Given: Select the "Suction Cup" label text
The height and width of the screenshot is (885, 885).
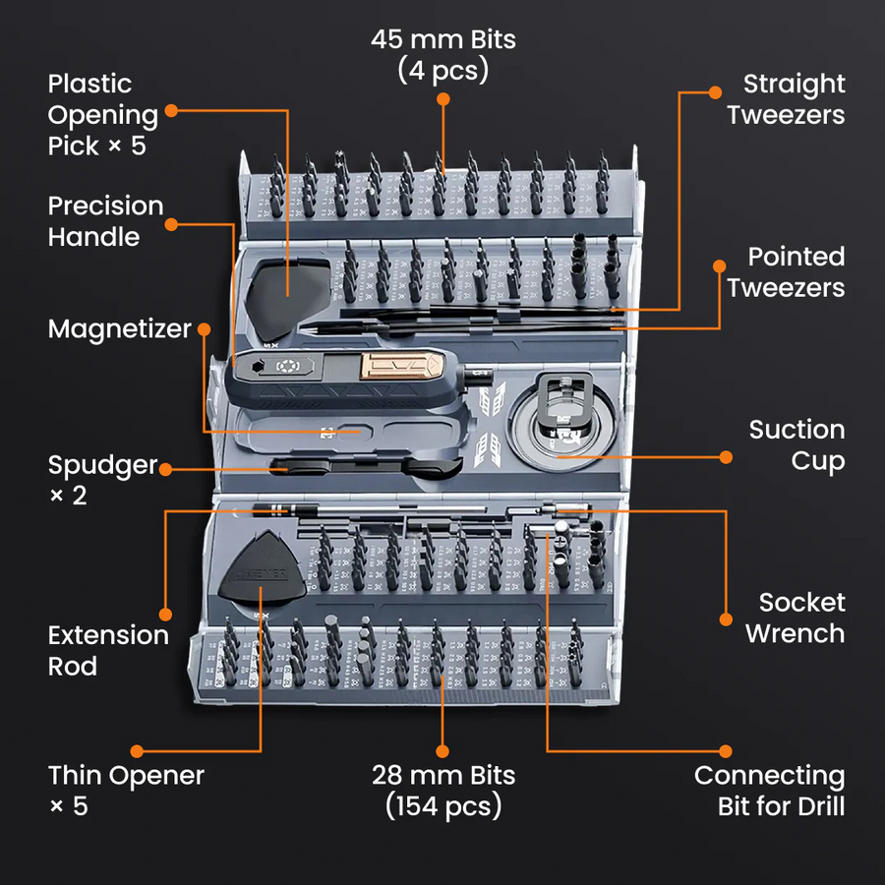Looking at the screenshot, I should [796, 444].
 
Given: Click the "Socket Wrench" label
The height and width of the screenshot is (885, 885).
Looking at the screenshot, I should [794, 618].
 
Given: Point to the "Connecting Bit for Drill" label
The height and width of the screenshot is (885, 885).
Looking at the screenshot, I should [769, 791].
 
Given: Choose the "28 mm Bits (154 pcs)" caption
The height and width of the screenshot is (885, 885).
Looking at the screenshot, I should [442, 791].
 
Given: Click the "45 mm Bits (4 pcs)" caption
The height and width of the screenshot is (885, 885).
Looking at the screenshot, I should [442, 55].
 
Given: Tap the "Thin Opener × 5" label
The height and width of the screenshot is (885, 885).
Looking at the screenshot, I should [126, 791].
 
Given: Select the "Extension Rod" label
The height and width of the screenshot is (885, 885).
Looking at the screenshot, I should [108, 650].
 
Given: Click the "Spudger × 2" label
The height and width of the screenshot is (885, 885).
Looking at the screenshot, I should [103, 479].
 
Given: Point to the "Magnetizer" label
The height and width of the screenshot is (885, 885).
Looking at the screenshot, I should [119, 328].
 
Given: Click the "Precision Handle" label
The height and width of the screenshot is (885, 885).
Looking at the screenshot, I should [106, 221].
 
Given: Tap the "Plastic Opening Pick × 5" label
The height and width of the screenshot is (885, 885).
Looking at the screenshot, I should [103, 115].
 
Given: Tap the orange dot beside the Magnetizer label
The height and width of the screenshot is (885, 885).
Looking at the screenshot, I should [204, 328].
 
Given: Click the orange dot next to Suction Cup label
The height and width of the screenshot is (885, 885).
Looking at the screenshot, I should [726, 456].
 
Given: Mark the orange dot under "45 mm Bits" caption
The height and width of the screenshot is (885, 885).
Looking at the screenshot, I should [442, 98].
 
